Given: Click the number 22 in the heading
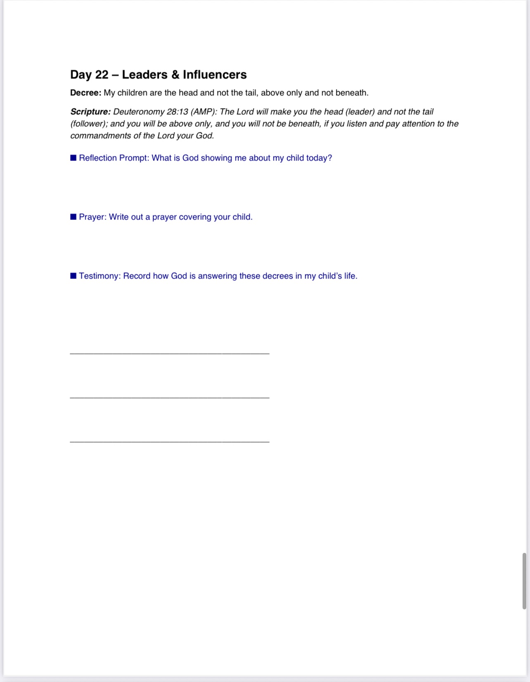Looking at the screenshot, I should [102, 75].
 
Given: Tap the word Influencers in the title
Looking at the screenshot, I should [215, 75].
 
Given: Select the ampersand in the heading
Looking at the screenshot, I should [175, 75].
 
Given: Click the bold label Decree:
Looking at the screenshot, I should [85, 93].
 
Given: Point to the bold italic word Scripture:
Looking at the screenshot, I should [90, 112].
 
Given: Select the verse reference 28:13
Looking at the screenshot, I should [177, 112].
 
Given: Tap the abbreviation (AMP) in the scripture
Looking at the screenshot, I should [203, 112].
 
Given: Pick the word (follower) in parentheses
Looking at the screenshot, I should [89, 124].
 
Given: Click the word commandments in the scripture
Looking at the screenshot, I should [100, 136].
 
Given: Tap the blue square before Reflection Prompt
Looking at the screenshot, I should [73, 158].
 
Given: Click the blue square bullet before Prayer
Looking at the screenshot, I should [73, 217].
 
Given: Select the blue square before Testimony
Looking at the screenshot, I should [73, 276].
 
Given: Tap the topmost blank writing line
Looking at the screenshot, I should [170, 353].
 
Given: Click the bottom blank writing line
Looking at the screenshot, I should [170, 442].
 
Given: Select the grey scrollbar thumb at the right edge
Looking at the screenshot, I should [524, 581].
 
